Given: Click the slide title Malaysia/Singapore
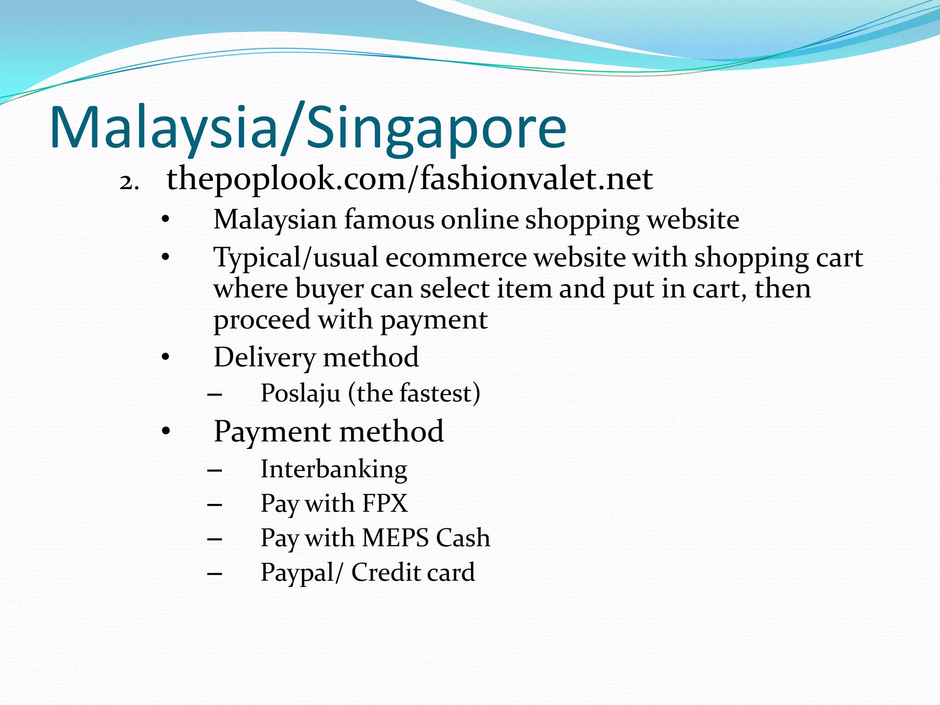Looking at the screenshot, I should click(x=308, y=128).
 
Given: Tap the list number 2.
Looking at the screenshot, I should click(x=129, y=182).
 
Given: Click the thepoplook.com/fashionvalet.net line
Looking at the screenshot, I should click(x=409, y=179).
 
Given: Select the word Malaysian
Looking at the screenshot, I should click(x=275, y=220).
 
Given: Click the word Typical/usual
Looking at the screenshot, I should click(x=296, y=258).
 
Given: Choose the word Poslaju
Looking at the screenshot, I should click(x=300, y=393).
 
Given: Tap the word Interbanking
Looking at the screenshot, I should click(x=334, y=469).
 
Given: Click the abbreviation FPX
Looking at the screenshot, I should click(x=385, y=503).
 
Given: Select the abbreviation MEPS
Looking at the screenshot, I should click(x=395, y=537).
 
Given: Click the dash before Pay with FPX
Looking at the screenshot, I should click(x=215, y=505).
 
